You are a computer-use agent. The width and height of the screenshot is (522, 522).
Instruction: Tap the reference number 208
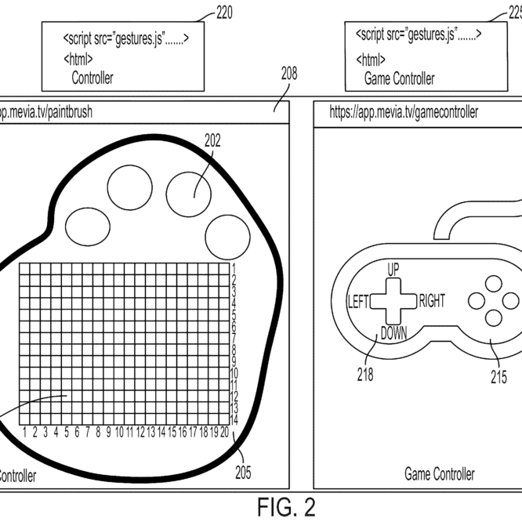(289, 75)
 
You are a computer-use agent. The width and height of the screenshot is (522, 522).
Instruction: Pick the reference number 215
(498, 376)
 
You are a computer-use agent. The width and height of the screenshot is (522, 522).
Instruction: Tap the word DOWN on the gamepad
(393, 333)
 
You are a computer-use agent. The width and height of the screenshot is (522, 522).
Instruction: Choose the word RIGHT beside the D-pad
(432, 301)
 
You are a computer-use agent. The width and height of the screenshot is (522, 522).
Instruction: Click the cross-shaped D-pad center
(393, 301)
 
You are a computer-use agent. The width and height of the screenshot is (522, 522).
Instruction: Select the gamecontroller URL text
(404, 112)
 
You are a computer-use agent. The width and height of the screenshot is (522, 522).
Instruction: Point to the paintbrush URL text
(45, 112)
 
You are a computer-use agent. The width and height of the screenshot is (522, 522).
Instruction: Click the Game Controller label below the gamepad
(439, 474)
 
